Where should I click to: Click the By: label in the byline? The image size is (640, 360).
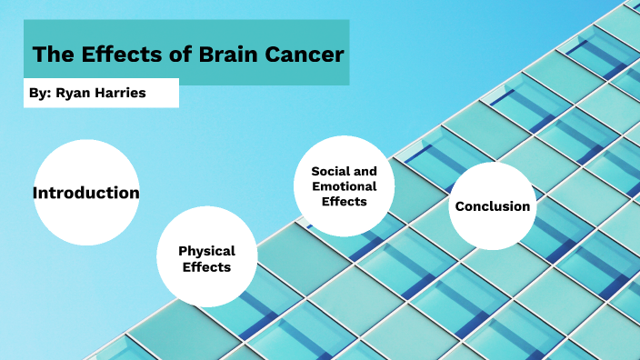coord(41,94)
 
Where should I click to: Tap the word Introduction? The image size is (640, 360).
coord(86,193)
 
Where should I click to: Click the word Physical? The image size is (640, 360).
coord(206,251)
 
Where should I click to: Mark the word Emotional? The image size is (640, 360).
coord(345,186)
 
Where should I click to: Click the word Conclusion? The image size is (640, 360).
coord(492,206)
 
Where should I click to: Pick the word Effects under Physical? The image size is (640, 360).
coord(206,267)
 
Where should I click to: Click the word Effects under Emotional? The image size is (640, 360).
coord(345,201)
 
